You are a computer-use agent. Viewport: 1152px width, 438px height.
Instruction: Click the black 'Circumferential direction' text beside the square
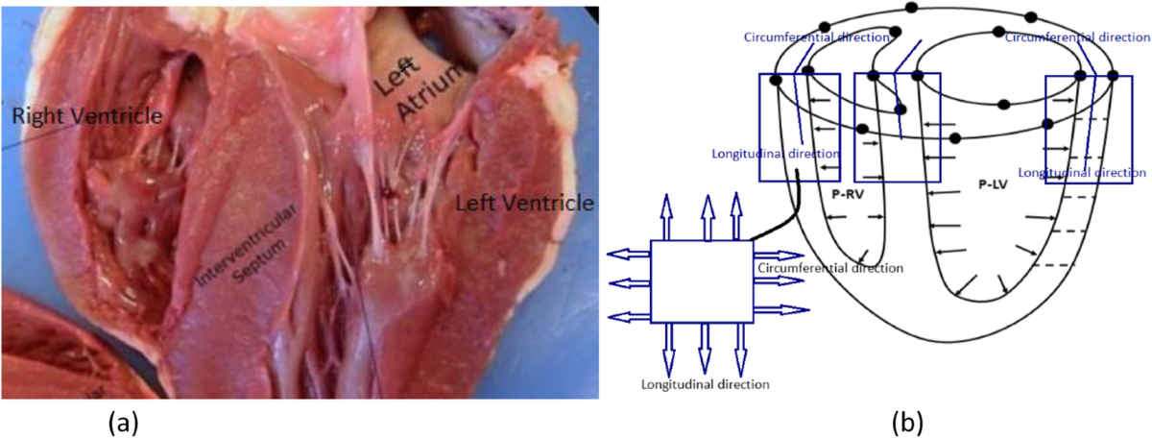click(x=830, y=268)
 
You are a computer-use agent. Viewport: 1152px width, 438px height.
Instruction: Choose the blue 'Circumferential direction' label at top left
click(x=804, y=37)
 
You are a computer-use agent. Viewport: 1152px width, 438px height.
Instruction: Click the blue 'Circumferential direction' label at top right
click(x=1075, y=37)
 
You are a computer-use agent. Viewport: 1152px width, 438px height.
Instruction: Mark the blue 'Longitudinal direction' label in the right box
click(x=1082, y=174)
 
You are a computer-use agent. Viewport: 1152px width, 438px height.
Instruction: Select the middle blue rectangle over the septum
click(x=897, y=127)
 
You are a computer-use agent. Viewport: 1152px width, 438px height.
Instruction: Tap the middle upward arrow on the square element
click(x=708, y=217)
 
